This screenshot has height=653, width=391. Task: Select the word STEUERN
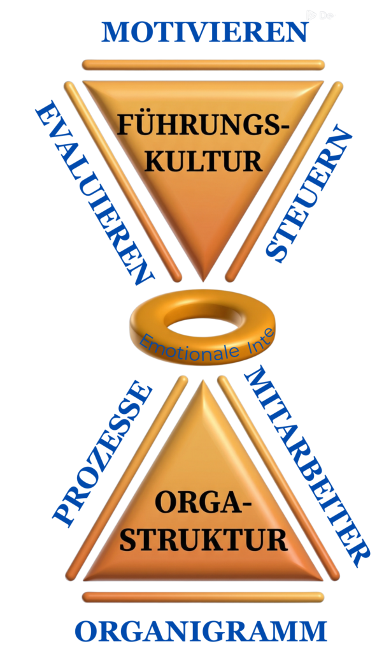(x=308, y=194)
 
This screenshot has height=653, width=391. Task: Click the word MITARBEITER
(x=306, y=466)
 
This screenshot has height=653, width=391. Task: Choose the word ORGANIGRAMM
(x=201, y=632)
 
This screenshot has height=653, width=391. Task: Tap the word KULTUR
(x=203, y=160)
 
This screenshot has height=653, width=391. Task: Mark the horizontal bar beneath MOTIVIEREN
(x=203, y=64)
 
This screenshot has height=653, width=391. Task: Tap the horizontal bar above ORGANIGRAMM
(x=203, y=597)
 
